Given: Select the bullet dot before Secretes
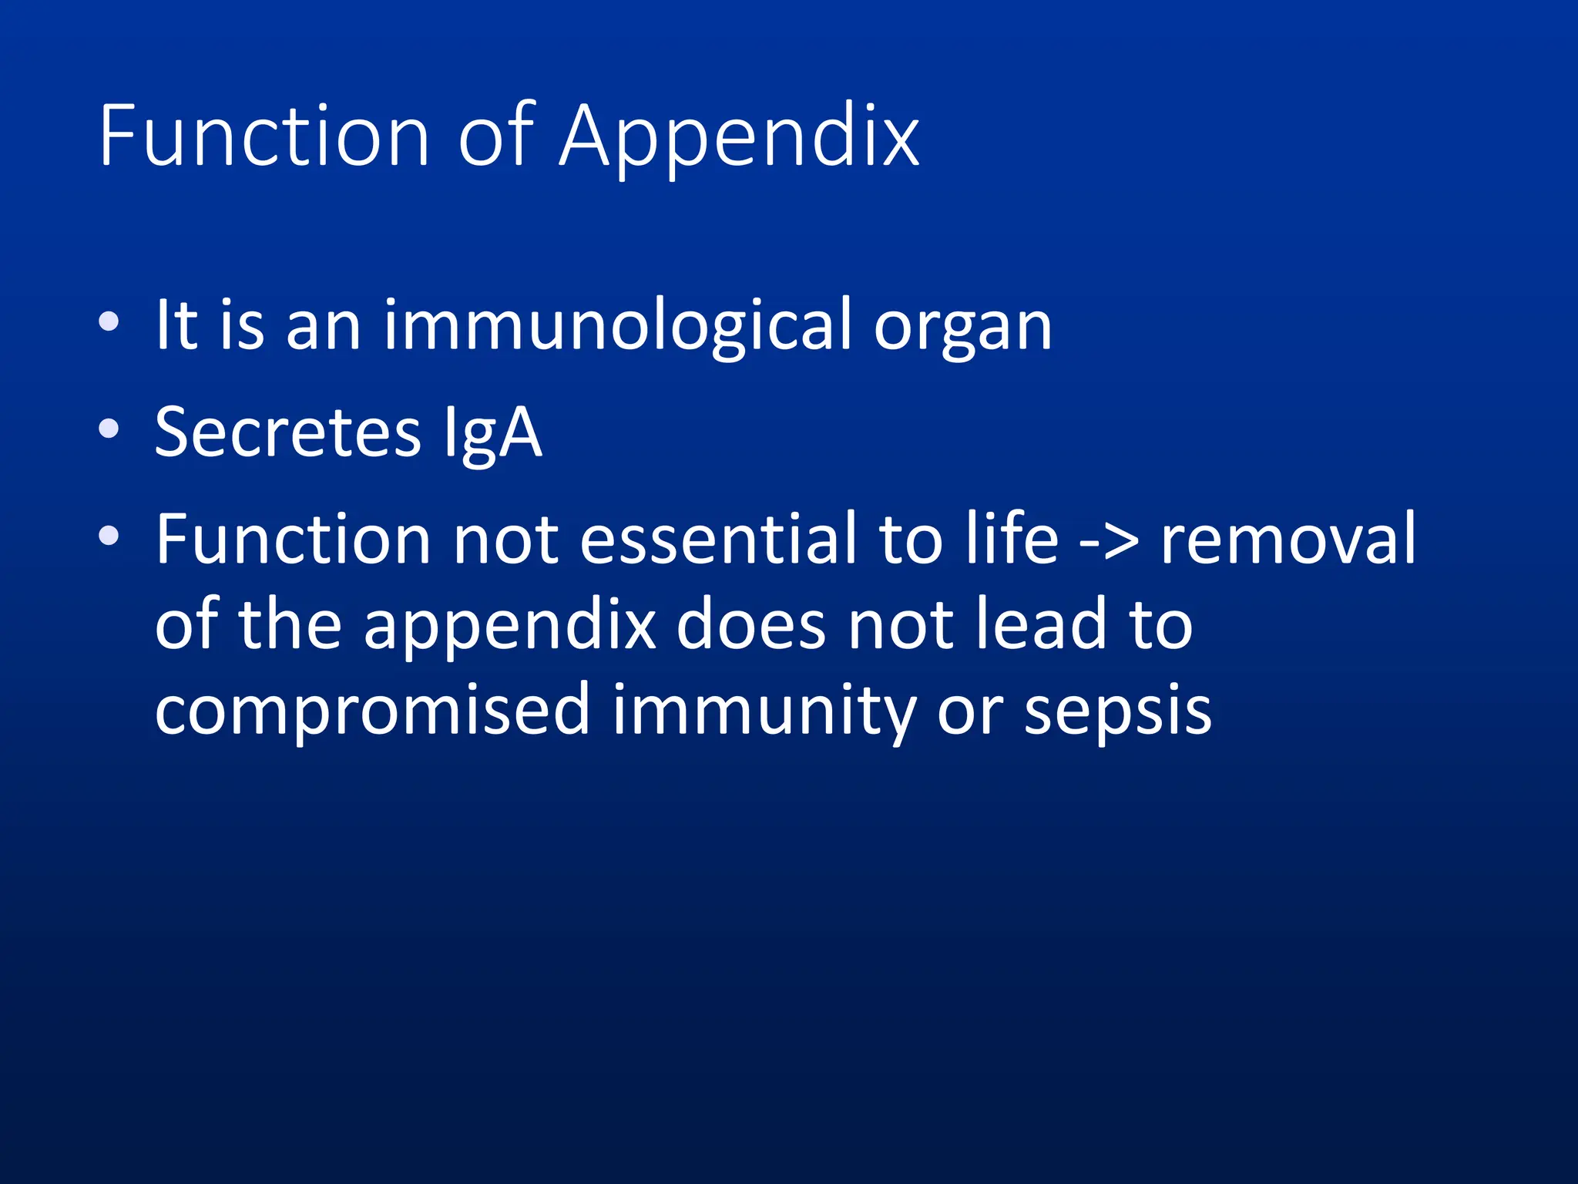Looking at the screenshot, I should [x=109, y=428].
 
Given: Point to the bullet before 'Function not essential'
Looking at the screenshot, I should [x=109, y=534].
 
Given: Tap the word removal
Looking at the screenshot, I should [x=1288, y=539].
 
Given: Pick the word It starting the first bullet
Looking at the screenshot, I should [x=176, y=325].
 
